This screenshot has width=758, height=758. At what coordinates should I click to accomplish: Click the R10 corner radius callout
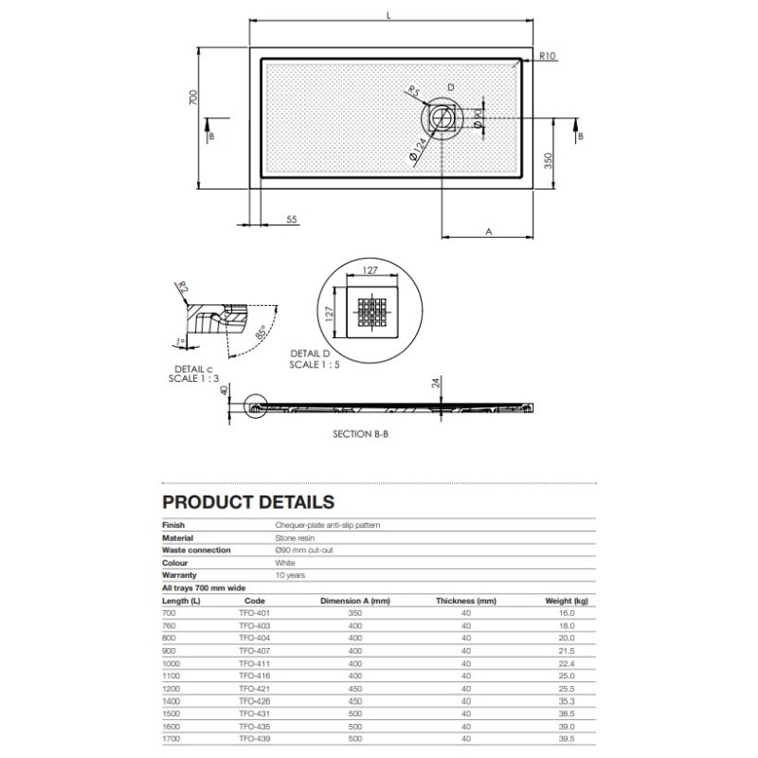pyautogui.click(x=548, y=56)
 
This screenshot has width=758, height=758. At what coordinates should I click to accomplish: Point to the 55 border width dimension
pyautogui.click(x=292, y=220)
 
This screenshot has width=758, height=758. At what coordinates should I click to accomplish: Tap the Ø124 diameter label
pyautogui.click(x=417, y=150)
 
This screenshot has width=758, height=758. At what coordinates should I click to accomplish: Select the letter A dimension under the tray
pyautogui.click(x=489, y=232)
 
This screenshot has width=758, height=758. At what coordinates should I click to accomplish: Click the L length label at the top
pyautogui.click(x=388, y=15)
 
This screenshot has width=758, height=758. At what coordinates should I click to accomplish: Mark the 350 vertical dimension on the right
pyautogui.click(x=548, y=161)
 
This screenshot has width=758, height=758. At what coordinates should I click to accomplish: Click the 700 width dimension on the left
pyautogui.click(x=193, y=98)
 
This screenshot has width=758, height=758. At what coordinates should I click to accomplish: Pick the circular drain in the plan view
pyautogui.click(x=442, y=117)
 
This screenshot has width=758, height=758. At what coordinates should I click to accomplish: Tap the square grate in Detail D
pyautogui.click(x=371, y=313)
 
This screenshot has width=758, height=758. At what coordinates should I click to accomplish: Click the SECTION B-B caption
pyautogui.click(x=361, y=434)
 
